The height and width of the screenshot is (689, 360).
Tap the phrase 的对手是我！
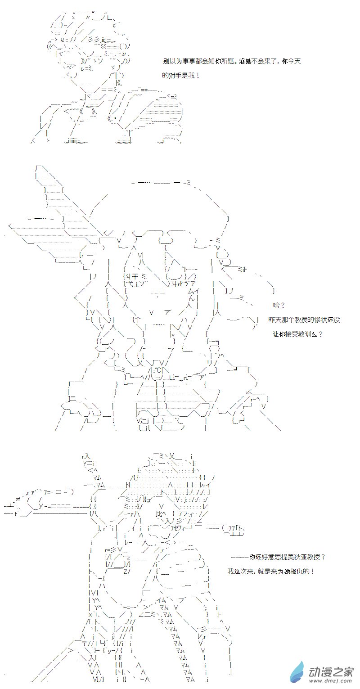coord(181,75)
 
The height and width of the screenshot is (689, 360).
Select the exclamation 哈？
coord(279,306)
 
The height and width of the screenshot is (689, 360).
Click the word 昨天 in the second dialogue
coord(275,320)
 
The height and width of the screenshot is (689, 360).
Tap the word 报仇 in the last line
coord(297,571)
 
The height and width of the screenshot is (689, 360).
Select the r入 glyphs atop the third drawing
coord(86,457)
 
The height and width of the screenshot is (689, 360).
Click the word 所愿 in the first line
coord(228,61)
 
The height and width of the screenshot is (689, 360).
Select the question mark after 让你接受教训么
coord(321,334)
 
